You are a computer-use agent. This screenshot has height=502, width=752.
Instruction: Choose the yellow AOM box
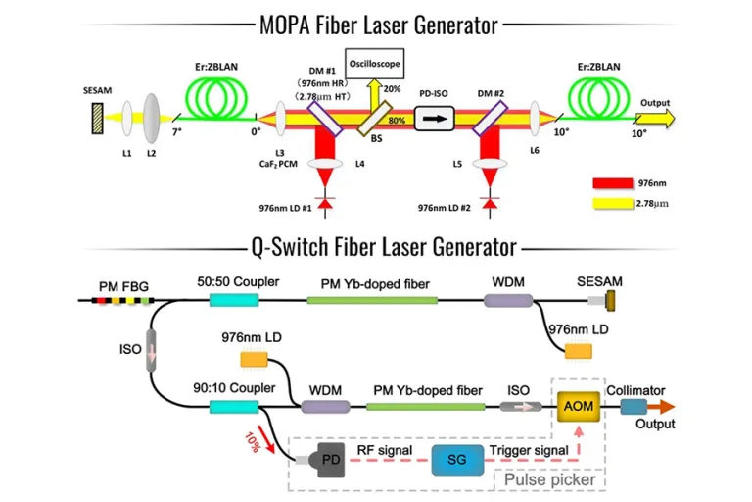576,405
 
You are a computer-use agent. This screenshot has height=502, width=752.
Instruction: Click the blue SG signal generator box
456,459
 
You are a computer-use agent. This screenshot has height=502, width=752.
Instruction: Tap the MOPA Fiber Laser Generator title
375,24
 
